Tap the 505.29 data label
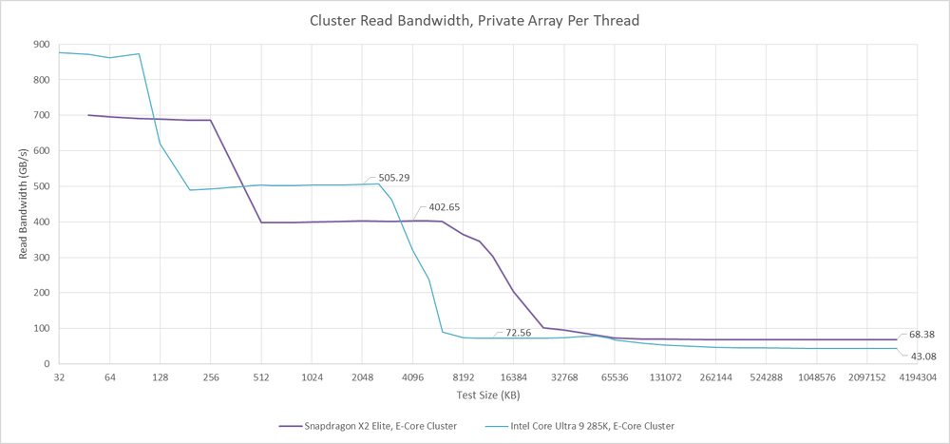393,177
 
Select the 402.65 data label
444,207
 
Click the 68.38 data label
921,335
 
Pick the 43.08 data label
921,357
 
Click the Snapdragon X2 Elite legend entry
368,426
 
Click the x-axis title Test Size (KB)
487,395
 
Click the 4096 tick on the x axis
412,377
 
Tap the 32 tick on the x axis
59,377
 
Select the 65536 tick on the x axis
615,377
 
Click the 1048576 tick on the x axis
817,377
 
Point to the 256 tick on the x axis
210,377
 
